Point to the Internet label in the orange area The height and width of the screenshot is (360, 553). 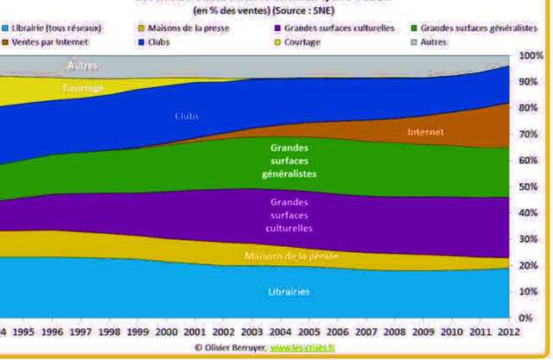pos(425,132)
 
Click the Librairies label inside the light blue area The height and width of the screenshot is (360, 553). pos(289,292)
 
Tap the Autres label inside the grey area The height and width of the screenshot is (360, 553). pos(83,66)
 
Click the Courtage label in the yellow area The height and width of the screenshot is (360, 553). pos(84,88)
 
